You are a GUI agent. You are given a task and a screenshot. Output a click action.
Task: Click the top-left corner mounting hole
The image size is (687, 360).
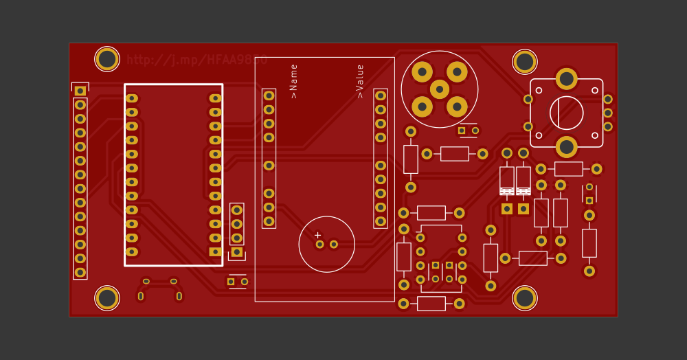[x=107, y=59]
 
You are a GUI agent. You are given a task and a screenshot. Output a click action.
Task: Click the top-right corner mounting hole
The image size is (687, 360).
[x=525, y=62]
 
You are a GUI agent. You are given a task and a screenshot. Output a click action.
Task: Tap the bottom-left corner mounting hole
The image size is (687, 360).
[x=107, y=297]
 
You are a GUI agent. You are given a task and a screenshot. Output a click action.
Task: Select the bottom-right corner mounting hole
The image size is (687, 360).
[x=525, y=297]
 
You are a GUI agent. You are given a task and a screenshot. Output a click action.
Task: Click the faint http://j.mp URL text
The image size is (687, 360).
[x=196, y=60]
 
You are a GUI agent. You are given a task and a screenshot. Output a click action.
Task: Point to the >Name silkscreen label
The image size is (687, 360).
[x=294, y=81]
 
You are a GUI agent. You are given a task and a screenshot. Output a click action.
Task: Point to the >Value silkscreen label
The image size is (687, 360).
[x=360, y=81]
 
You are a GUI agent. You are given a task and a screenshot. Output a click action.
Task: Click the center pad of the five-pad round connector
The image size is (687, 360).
[x=440, y=89]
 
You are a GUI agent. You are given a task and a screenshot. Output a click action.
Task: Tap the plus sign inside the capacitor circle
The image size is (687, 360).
[x=317, y=235]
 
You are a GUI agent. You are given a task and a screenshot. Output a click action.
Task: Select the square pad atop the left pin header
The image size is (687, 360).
[x=80, y=91]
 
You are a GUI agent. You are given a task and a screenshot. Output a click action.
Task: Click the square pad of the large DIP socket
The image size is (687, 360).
[x=215, y=251]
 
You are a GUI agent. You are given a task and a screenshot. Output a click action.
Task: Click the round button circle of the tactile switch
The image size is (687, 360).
[x=567, y=113]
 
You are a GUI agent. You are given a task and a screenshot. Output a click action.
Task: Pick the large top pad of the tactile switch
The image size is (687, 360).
[x=567, y=78]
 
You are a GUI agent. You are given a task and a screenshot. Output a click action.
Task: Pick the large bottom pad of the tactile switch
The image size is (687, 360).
[x=567, y=146]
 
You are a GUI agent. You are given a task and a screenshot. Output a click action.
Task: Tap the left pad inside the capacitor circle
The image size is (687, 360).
[x=319, y=244]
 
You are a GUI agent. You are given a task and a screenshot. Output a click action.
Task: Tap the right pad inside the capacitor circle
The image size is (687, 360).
[x=334, y=244]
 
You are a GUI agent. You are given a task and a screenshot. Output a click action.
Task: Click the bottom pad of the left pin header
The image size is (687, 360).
[x=80, y=272]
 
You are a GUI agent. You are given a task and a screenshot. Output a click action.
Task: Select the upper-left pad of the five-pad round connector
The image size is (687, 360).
[x=423, y=71]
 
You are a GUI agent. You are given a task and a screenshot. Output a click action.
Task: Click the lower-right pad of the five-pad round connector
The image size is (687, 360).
[x=457, y=106]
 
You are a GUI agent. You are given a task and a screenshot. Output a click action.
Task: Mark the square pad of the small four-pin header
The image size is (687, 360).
[x=237, y=251]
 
